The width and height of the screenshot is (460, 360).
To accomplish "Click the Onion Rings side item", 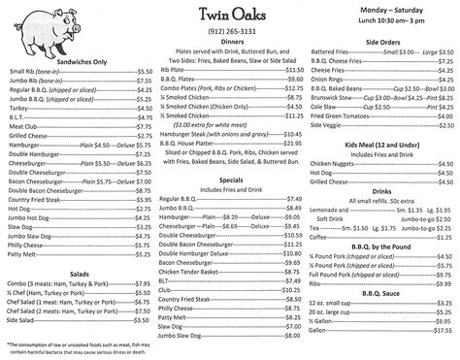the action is click(329, 80).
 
